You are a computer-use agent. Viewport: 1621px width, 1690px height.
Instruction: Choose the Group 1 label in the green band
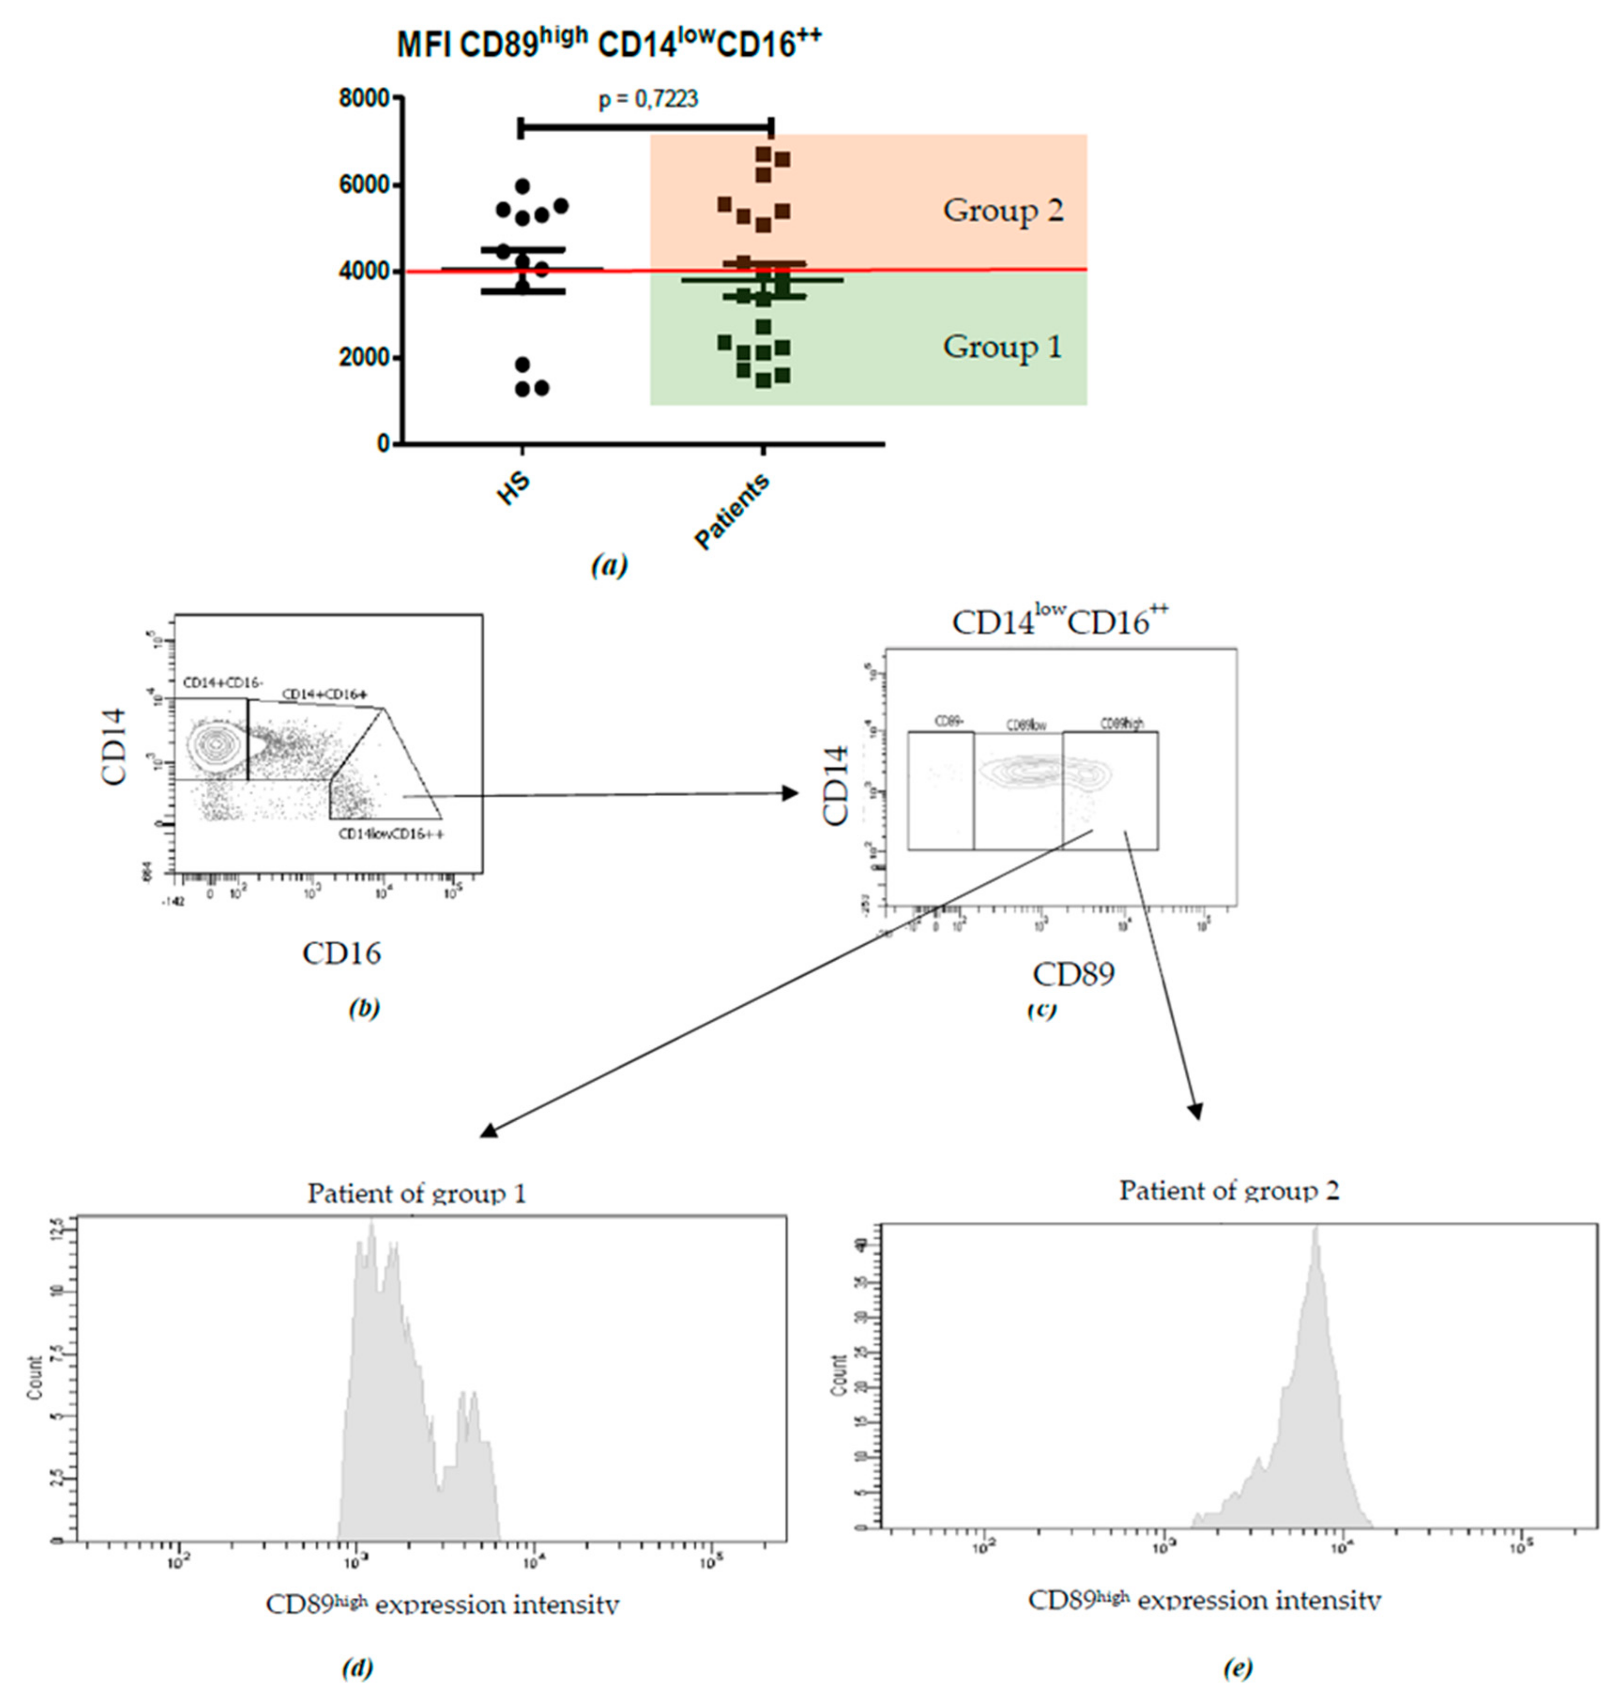(1002, 347)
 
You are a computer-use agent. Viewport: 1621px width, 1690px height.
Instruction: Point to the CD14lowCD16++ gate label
(391, 834)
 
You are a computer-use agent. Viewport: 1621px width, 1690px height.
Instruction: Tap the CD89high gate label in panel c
(1122, 723)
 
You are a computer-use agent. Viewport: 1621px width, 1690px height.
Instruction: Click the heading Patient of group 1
(416, 1193)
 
